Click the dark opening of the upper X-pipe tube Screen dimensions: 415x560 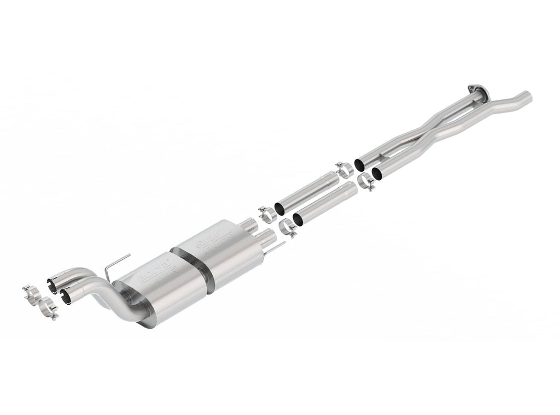pyautogui.click(x=360, y=163)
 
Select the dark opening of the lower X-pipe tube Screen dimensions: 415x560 pyautogui.click(x=377, y=174)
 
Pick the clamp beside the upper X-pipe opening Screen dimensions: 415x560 pyautogui.click(x=343, y=169)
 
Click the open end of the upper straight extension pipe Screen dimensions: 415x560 pyautogui.click(x=279, y=208)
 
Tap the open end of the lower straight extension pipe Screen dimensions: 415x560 pyautogui.click(x=298, y=218)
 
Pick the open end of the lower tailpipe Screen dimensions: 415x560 pyautogui.click(x=67, y=295)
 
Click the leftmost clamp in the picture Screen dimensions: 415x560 pyautogui.click(x=30, y=293)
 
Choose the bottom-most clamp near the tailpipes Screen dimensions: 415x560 pyautogui.click(x=47, y=309)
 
